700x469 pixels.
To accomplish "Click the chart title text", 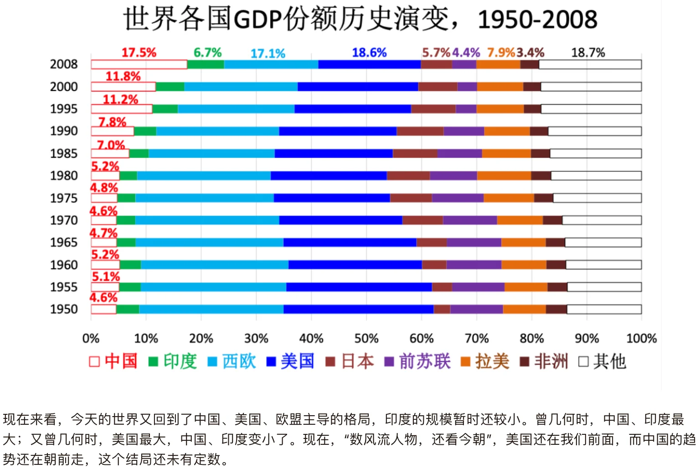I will (360, 19).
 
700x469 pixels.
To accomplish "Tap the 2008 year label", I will (64, 64).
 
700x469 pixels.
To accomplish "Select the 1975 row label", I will (64, 198).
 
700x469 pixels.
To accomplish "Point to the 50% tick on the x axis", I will (366, 339).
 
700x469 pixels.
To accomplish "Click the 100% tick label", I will (641, 339).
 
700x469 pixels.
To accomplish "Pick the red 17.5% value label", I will (139, 53).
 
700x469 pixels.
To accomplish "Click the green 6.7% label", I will (207, 53).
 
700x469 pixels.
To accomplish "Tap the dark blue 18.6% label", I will (369, 53).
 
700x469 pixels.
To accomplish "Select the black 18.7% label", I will (588, 53).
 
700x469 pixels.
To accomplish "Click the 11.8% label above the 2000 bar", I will (123, 76).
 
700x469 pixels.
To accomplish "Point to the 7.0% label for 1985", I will (111, 145).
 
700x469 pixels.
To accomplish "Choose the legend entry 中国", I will (113, 361).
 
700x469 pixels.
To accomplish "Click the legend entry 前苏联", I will (417, 361).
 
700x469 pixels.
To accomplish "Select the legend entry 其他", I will (602, 361).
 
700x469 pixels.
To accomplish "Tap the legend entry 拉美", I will (485, 361).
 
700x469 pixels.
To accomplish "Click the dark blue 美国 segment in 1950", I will (358, 309).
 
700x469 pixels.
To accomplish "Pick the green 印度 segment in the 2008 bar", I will (206, 65).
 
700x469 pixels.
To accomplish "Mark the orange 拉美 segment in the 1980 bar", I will (504, 176).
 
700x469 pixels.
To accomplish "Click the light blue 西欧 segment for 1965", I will (209, 242).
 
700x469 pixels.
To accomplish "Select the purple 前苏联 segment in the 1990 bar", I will (463, 131).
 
